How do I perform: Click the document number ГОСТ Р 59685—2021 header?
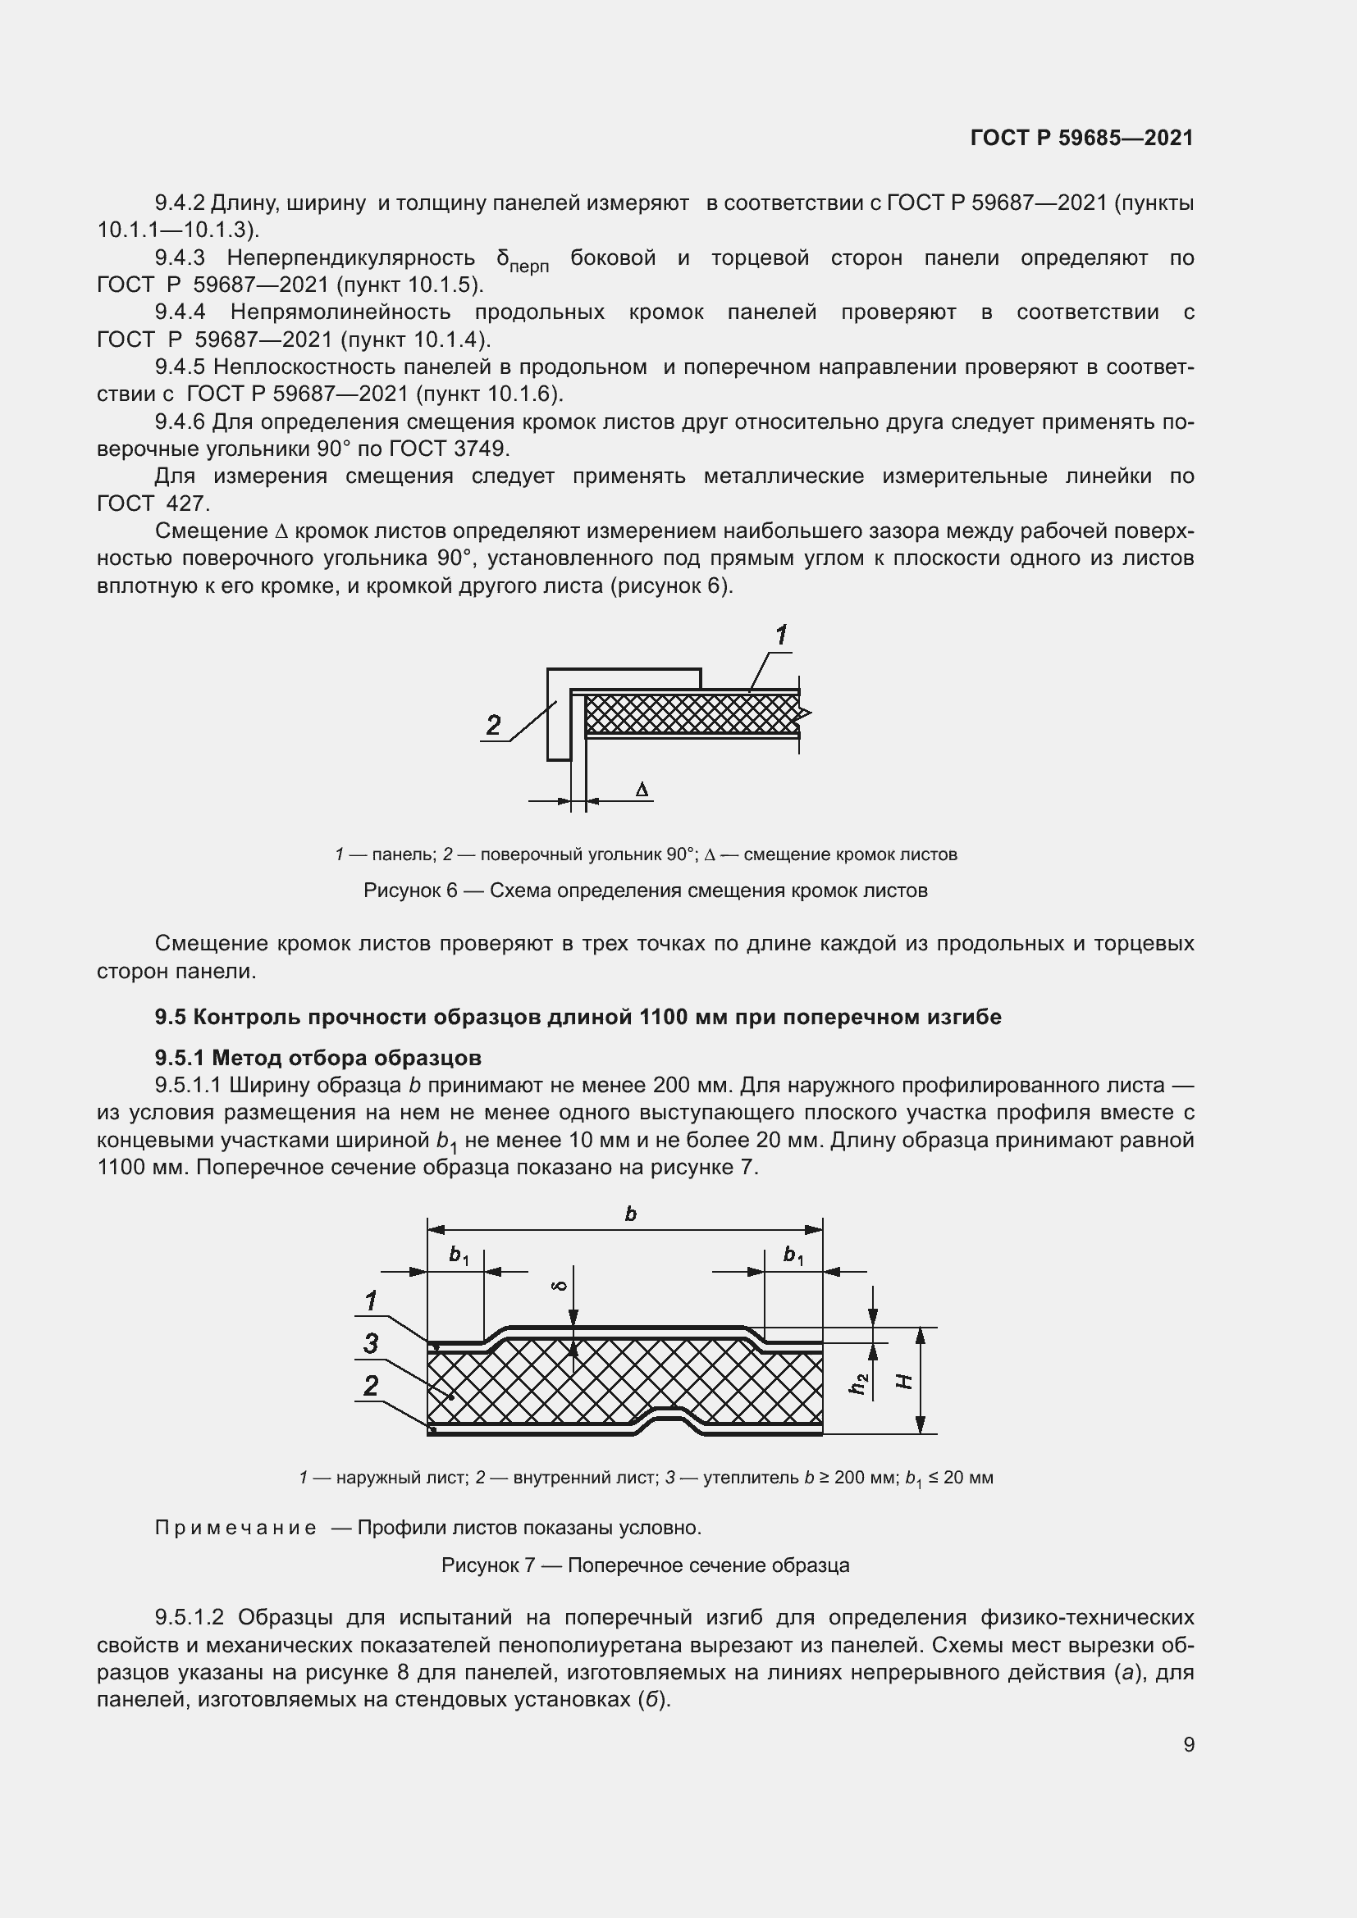pyautogui.click(x=1081, y=138)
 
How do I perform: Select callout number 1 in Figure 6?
pyautogui.click(x=780, y=636)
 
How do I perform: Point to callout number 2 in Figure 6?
pyautogui.click(x=493, y=724)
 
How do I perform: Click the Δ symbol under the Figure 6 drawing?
pyautogui.click(x=642, y=790)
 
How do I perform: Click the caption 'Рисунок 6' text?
pyautogui.click(x=409, y=891)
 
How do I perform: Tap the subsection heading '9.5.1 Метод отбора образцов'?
pyautogui.click(x=318, y=1058)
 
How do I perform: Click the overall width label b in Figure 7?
pyautogui.click(x=631, y=1214)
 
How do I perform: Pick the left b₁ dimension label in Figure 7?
pyautogui.click(x=459, y=1255)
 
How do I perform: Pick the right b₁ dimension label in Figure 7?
pyautogui.click(x=793, y=1255)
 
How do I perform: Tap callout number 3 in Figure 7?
pyautogui.click(x=370, y=1344)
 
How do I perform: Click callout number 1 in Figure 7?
pyautogui.click(x=370, y=1301)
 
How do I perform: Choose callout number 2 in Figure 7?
pyautogui.click(x=370, y=1386)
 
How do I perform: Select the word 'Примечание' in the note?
pyautogui.click(x=235, y=1528)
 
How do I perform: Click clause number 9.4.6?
pyautogui.click(x=180, y=421)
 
